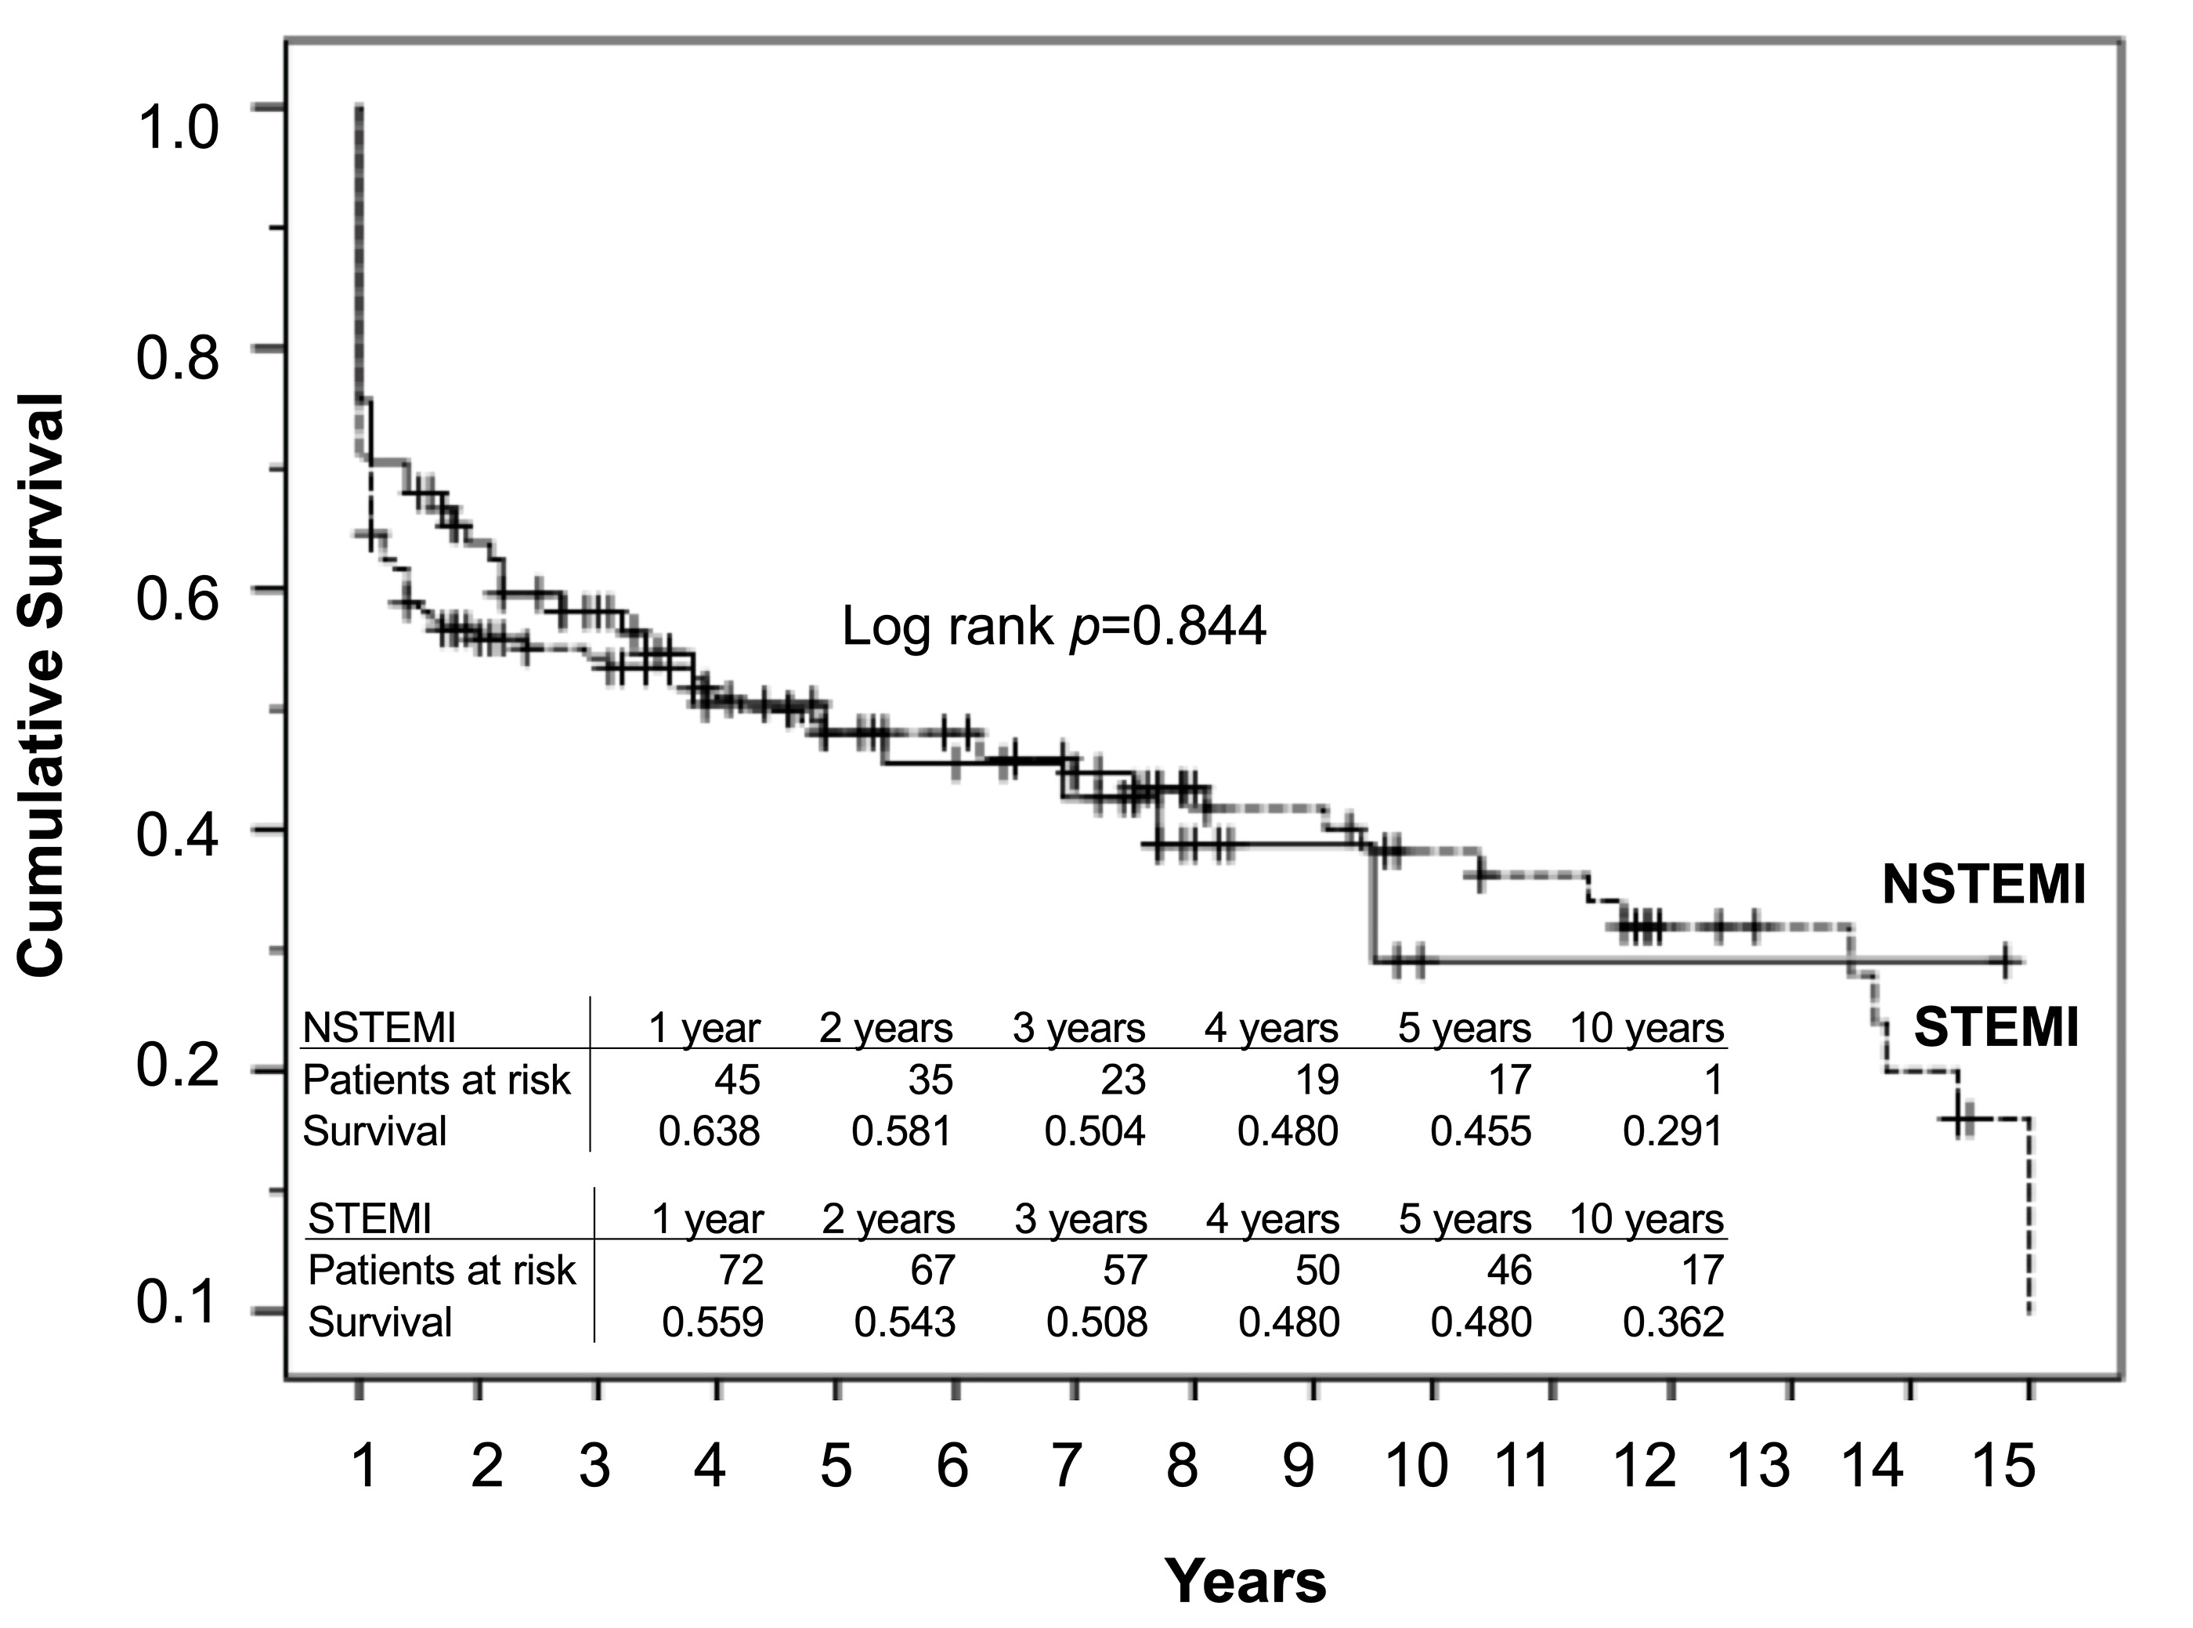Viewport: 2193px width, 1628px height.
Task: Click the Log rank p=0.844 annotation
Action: coord(1053,627)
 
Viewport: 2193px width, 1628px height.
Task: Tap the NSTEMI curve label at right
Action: coord(1983,885)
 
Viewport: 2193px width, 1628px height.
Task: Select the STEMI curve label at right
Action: coord(1996,1029)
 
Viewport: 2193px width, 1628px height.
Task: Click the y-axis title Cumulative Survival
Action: coord(42,686)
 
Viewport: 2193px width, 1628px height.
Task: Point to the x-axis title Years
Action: coord(1245,1583)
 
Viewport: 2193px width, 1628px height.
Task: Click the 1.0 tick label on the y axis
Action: coord(176,129)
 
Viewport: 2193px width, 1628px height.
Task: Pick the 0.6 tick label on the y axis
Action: coord(176,600)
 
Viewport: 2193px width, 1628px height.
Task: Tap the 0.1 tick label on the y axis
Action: coord(176,1303)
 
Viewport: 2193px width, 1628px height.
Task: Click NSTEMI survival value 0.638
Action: coord(710,1131)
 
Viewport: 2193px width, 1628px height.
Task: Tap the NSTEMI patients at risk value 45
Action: coord(737,1080)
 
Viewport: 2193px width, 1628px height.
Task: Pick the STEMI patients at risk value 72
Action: coord(740,1270)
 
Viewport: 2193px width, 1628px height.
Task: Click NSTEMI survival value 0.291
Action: coord(1673,1131)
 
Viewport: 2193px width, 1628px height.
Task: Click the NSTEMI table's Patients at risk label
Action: coord(436,1080)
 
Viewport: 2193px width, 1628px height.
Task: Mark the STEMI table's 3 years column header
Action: coord(1081,1220)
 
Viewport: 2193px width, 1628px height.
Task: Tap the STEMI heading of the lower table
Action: coord(370,1220)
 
